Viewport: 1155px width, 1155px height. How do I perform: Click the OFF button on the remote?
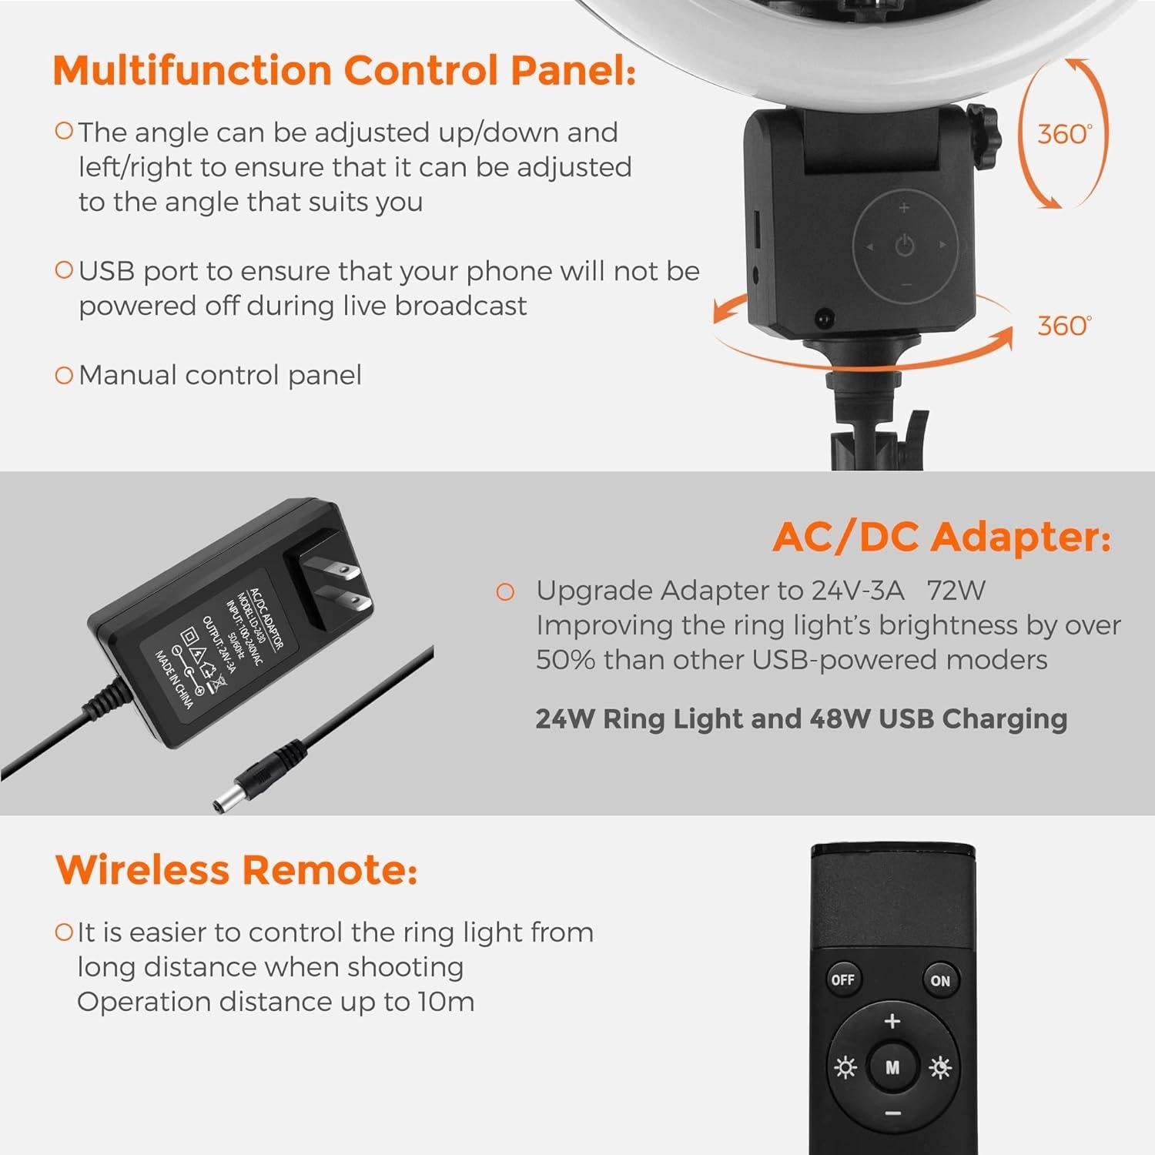point(842,979)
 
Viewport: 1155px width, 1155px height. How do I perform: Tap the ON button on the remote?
point(940,980)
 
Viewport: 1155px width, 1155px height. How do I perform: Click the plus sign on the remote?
point(892,1022)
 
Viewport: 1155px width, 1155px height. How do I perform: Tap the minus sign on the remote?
point(892,1113)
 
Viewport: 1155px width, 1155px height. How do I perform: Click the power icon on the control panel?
point(905,246)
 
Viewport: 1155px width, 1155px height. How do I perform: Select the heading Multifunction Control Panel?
point(344,71)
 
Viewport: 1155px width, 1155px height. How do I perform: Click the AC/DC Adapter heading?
point(942,537)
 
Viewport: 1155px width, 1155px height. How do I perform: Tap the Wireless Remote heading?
point(236,870)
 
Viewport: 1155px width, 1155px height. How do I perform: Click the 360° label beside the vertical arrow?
point(1064,134)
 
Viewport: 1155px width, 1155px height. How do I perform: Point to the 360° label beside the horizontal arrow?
point(1064,325)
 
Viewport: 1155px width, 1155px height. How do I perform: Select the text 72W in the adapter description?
point(956,591)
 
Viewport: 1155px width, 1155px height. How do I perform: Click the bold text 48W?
point(839,718)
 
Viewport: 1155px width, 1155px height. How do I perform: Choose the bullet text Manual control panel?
point(220,375)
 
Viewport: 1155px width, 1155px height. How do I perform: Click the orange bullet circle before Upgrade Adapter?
point(505,591)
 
